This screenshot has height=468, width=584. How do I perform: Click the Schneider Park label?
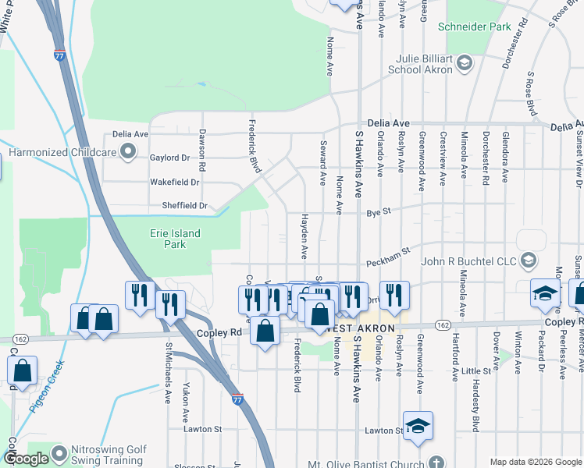click(x=473, y=27)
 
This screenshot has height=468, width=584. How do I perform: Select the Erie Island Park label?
click(x=175, y=239)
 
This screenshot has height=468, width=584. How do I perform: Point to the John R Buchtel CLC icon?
click(x=529, y=261)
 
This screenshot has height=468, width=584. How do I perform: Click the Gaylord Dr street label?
click(x=169, y=158)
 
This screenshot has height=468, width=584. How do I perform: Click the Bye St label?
click(x=378, y=212)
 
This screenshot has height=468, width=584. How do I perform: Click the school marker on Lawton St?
click(x=418, y=426)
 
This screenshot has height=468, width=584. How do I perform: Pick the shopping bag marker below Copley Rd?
click(x=265, y=331)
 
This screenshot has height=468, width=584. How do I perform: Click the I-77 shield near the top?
click(x=60, y=55)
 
